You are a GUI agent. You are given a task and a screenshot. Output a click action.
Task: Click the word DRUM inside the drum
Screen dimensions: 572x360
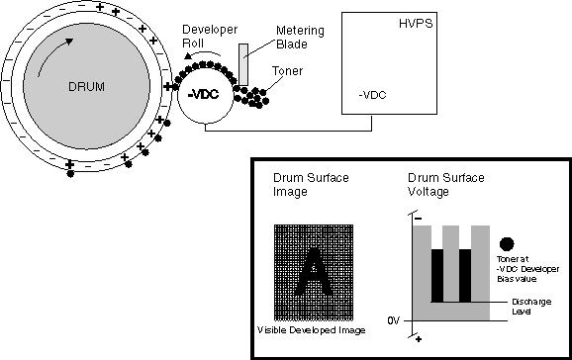pyautogui.click(x=86, y=87)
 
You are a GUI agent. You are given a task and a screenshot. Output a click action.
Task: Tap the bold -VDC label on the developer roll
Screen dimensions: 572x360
pyautogui.click(x=203, y=95)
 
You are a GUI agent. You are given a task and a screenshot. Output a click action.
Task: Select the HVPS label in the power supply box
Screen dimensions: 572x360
pyautogui.click(x=416, y=24)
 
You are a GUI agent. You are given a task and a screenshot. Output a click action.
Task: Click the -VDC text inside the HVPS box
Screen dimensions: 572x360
pyautogui.click(x=372, y=95)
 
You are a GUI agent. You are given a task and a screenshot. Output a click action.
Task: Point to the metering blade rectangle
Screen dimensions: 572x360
pyautogui.click(x=243, y=65)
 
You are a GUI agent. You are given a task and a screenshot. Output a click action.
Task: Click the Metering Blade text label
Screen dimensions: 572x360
pyautogui.click(x=300, y=38)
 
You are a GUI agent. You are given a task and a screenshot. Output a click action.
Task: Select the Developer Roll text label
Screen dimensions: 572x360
pyautogui.click(x=210, y=37)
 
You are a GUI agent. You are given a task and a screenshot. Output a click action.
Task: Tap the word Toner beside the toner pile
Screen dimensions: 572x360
pyautogui.click(x=287, y=71)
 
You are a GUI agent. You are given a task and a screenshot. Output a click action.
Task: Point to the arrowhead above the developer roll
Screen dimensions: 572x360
pyautogui.click(x=187, y=55)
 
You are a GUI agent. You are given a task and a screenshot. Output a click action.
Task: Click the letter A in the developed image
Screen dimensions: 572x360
pyautogui.click(x=314, y=272)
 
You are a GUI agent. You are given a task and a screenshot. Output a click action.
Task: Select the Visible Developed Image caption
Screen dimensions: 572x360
pyautogui.click(x=311, y=330)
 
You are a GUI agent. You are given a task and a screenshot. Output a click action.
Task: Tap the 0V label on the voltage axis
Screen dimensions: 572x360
pyautogui.click(x=394, y=321)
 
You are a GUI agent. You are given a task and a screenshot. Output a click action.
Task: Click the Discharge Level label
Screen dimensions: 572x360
pyautogui.click(x=531, y=307)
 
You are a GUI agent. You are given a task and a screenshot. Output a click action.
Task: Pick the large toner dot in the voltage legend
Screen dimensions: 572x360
pyautogui.click(x=507, y=244)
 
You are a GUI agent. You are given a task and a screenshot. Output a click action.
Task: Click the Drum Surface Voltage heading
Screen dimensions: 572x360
pyautogui.click(x=445, y=185)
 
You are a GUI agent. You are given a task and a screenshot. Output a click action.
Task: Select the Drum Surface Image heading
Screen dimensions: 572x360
pyautogui.click(x=311, y=185)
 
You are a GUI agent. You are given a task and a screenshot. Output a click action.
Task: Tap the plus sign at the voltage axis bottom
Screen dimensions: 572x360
pyautogui.click(x=419, y=339)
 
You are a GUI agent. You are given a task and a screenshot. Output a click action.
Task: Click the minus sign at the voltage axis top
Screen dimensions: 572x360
pyautogui.click(x=419, y=219)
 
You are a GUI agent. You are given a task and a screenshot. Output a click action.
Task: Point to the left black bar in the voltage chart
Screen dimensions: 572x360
pyautogui.click(x=437, y=276)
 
